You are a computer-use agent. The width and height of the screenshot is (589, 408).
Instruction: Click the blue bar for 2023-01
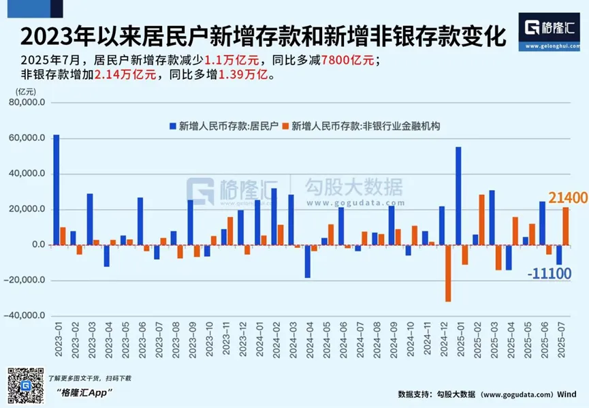click(x=56, y=190)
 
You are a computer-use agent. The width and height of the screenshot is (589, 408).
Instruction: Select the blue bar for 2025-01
click(x=458, y=196)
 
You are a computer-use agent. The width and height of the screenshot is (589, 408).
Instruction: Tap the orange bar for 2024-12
click(x=449, y=272)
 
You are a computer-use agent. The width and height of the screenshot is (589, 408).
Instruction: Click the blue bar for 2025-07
click(x=559, y=255)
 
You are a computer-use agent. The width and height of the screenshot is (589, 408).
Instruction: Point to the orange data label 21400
click(x=568, y=199)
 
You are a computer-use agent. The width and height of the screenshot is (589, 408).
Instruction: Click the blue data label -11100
click(x=551, y=274)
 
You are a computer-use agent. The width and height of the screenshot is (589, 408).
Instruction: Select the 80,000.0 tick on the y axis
click(x=29, y=103)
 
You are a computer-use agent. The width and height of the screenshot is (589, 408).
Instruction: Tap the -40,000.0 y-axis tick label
click(x=27, y=316)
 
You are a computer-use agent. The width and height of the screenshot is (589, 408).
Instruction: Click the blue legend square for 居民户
click(x=172, y=126)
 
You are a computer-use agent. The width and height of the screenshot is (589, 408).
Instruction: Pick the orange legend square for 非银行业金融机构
click(x=286, y=126)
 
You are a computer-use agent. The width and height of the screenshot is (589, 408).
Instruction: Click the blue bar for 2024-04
click(x=308, y=262)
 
